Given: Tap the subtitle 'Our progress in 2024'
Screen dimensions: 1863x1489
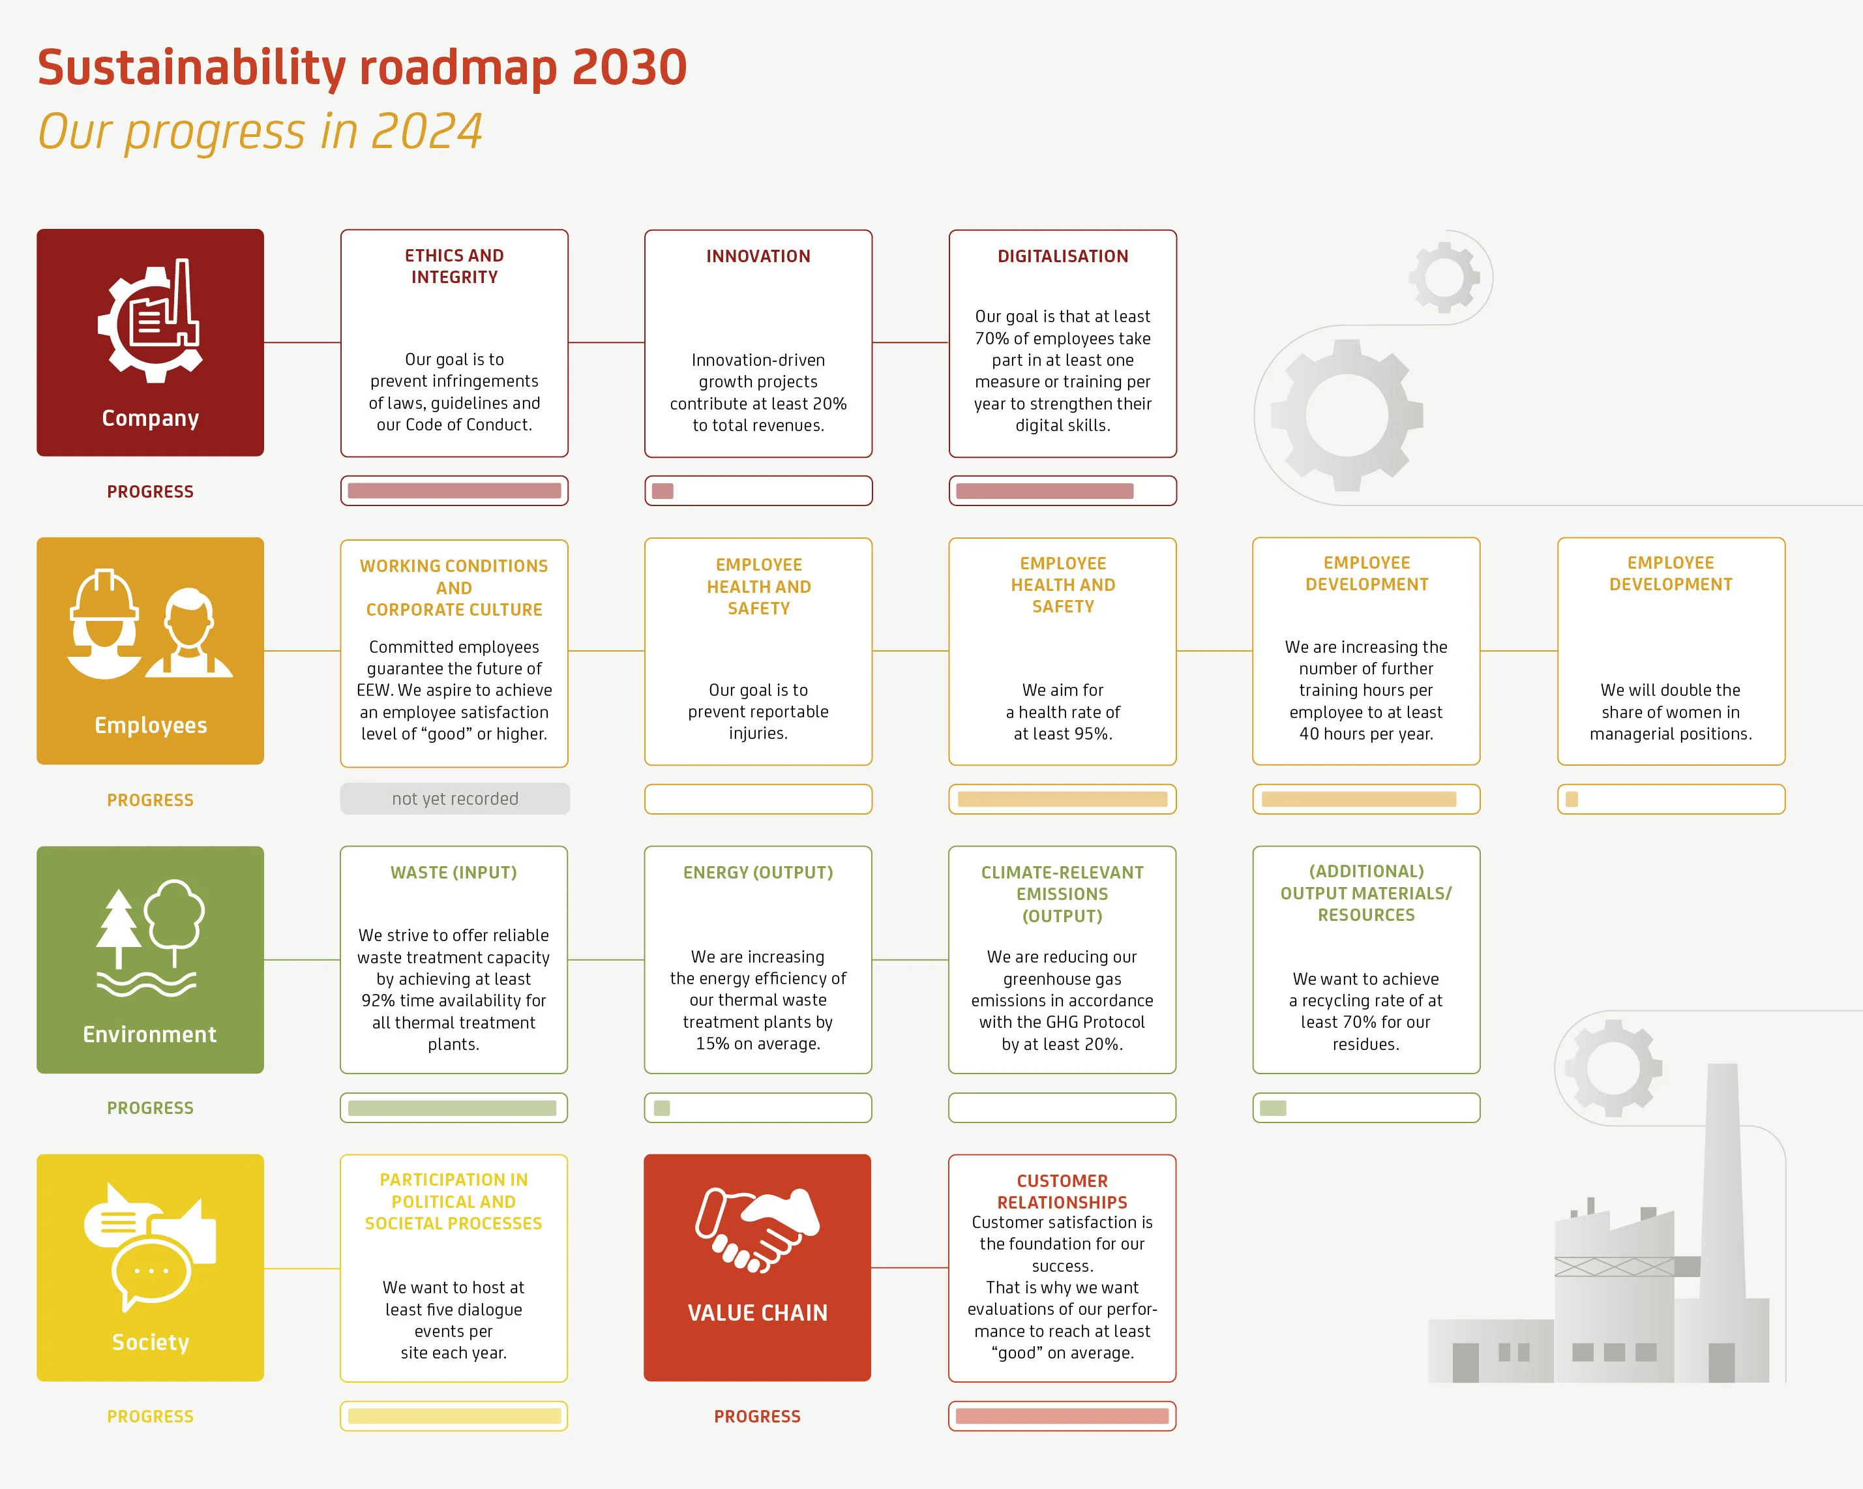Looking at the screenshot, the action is [x=260, y=131].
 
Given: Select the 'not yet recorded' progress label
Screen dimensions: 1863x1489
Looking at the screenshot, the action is [x=455, y=798].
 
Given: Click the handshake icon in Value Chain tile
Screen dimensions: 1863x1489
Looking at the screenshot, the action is [x=758, y=1229].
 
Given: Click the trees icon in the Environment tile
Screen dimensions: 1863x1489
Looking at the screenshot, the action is [x=149, y=939].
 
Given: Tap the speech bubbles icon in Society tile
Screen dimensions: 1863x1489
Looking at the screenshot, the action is [x=149, y=1246].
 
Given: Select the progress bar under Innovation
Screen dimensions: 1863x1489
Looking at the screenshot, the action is [x=758, y=491].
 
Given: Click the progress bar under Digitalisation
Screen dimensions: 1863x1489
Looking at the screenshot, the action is [x=1062, y=491].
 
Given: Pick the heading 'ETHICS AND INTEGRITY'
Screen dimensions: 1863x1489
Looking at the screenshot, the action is [x=455, y=266].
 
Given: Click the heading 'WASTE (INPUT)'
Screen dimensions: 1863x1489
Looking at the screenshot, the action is [x=454, y=873].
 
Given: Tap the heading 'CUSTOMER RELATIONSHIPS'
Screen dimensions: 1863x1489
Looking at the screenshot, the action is [x=1062, y=1191].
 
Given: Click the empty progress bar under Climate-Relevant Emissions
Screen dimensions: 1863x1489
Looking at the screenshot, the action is [x=1062, y=1108].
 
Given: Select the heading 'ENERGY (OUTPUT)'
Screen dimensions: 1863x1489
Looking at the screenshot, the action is [x=758, y=873].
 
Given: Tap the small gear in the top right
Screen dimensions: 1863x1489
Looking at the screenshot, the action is [x=1444, y=277].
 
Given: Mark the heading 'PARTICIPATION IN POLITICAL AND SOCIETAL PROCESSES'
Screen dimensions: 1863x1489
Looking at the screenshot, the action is [x=454, y=1201].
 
